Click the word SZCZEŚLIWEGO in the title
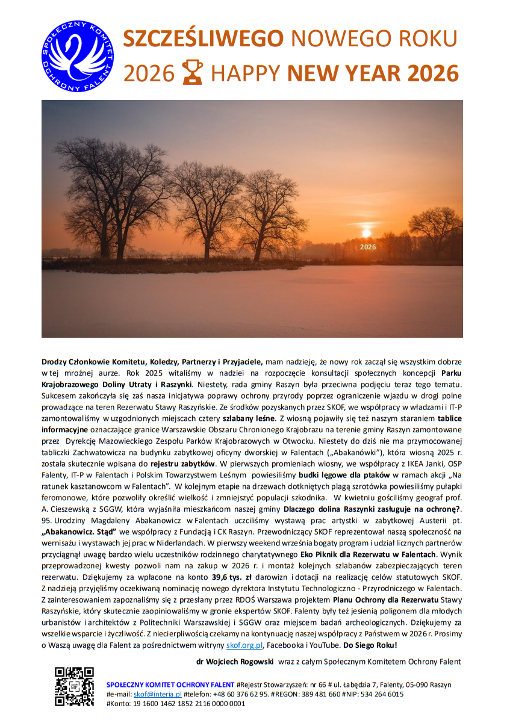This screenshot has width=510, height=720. pos(204,39)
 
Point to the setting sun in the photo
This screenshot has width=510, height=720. pos(366,232)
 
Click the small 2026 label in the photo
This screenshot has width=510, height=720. pos(367,247)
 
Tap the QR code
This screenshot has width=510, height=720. pos(74,686)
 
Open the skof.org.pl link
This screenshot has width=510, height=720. pos(244,645)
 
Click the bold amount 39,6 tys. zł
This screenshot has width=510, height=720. pos(227,576)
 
